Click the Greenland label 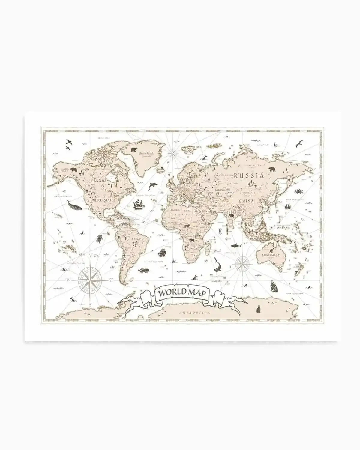146,153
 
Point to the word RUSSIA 250,175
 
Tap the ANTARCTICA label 194,313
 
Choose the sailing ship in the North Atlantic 139,205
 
